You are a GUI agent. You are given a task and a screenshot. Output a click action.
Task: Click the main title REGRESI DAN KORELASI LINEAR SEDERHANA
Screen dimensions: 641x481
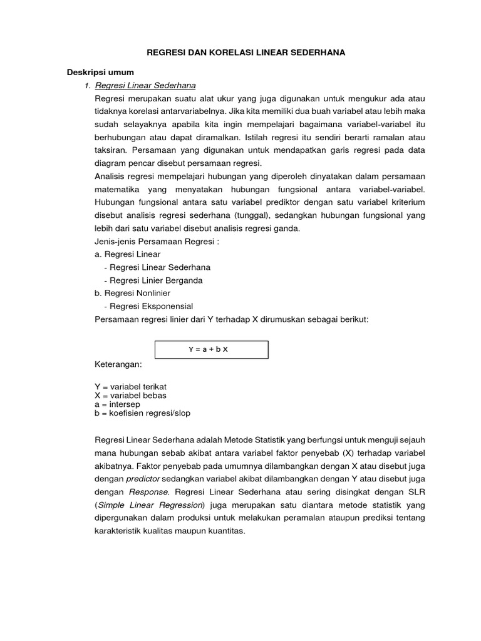coord(246,54)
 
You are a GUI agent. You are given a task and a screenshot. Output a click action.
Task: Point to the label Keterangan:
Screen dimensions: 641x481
coord(118,364)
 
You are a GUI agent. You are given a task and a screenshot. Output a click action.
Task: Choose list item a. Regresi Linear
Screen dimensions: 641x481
coord(127,254)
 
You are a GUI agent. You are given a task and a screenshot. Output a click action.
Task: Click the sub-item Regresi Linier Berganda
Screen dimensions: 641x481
coord(153,280)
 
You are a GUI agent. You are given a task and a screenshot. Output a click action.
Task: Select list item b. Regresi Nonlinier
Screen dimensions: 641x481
coord(132,293)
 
